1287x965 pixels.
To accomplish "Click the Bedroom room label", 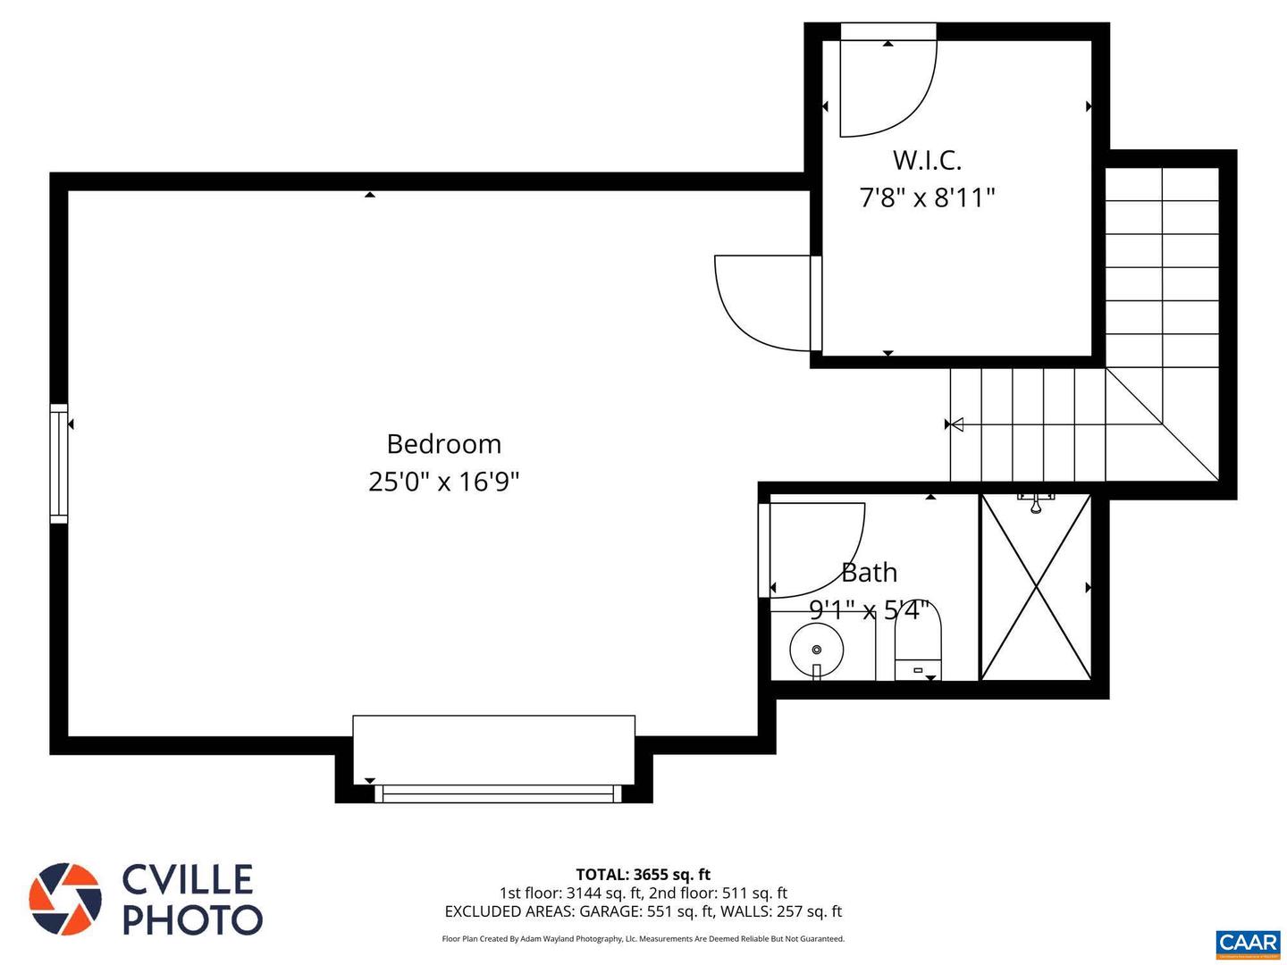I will [443, 444].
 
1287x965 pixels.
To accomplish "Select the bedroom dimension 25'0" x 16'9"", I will [443, 482].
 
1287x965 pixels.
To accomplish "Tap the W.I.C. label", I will [927, 161].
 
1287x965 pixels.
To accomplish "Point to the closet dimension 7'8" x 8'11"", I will [927, 197].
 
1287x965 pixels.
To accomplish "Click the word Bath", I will [869, 572].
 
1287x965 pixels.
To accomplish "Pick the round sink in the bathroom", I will [816, 650].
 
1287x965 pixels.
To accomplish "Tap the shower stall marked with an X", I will [1036, 587].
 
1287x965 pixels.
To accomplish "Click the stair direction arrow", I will [956, 424].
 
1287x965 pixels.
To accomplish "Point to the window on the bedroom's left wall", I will [59, 463].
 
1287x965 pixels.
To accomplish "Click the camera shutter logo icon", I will [64, 899].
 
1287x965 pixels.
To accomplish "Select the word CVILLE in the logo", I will [188, 879].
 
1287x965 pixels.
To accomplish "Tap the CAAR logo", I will [1248, 943].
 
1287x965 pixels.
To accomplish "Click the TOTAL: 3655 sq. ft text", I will [643, 875].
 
